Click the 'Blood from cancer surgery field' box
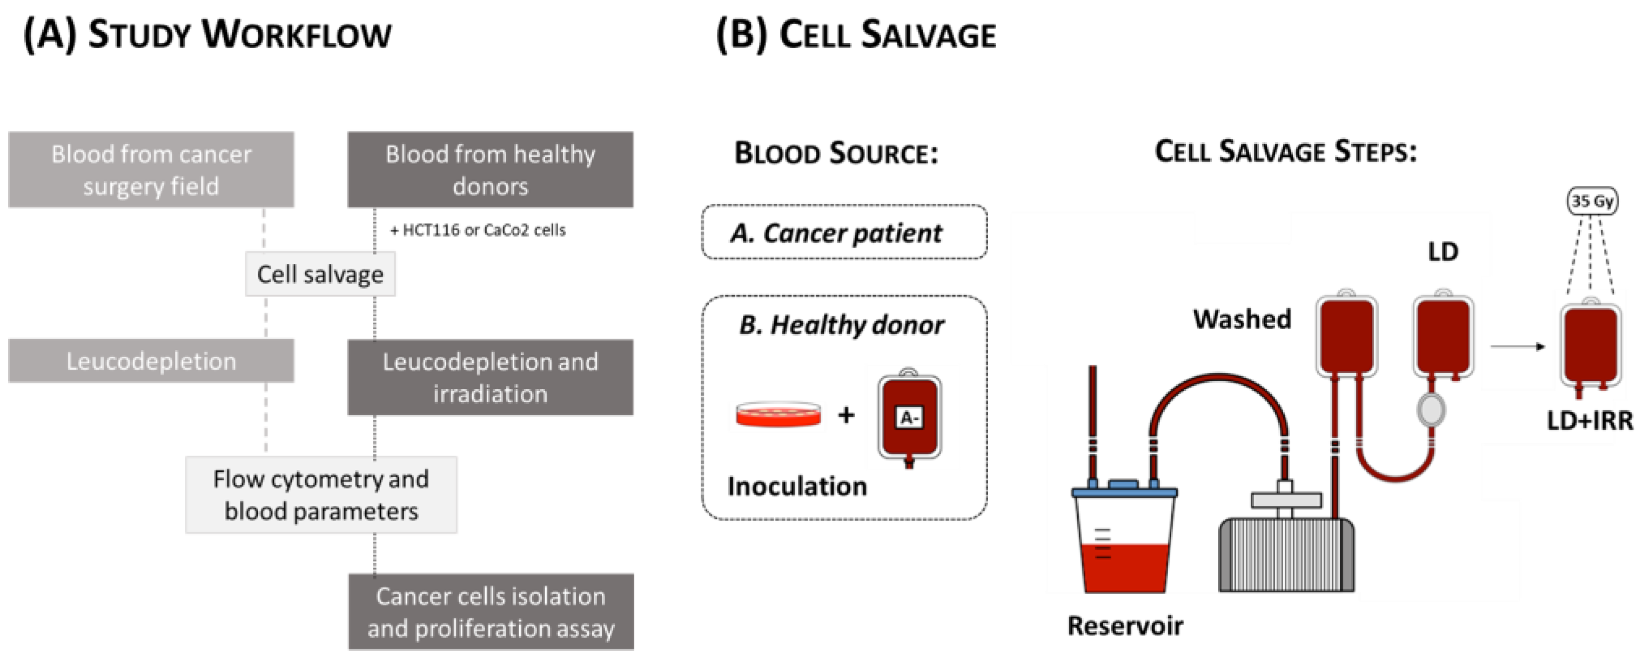151,170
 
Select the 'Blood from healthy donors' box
490,170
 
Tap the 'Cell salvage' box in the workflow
320,274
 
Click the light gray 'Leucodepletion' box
151,361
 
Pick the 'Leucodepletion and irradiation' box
490,377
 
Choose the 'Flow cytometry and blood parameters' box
321,495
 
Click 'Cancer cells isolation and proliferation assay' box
491,611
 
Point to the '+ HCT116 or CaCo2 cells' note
478,230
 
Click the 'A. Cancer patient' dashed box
844,232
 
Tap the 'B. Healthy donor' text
841,325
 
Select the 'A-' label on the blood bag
909,418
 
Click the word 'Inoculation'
797,486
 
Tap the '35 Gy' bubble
1592,202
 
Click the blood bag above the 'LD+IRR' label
1591,345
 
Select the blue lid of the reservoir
1124,491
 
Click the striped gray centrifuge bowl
1286,555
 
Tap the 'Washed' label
1242,318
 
